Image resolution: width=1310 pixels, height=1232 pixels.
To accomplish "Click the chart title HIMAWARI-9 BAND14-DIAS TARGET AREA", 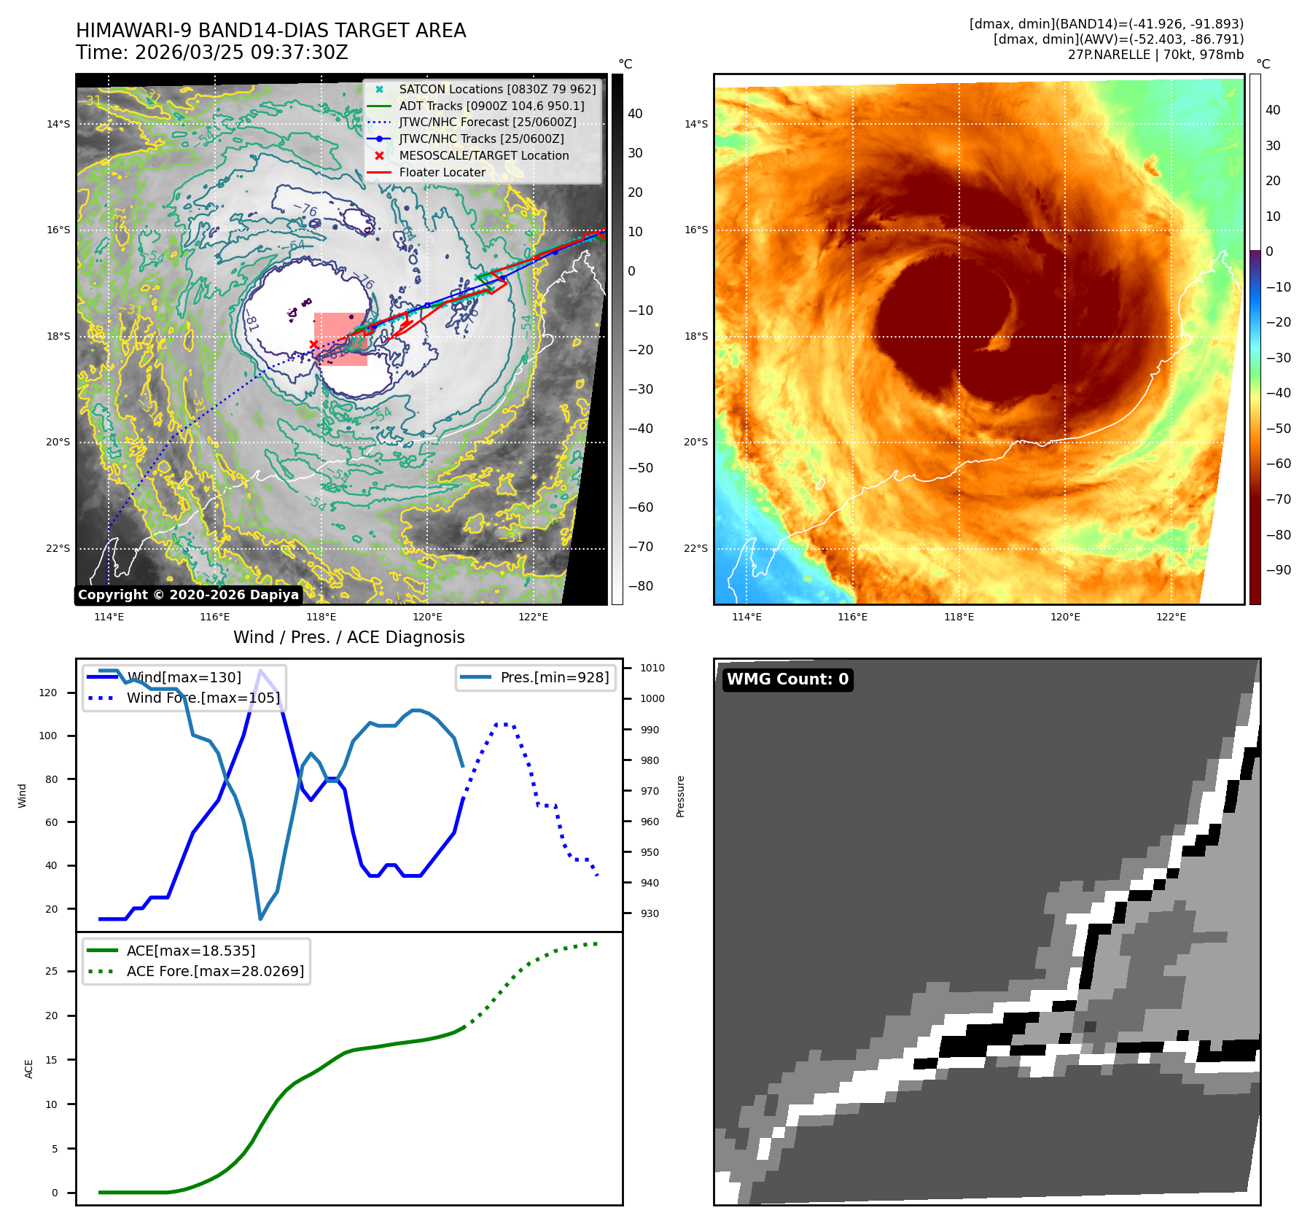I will click(270, 31).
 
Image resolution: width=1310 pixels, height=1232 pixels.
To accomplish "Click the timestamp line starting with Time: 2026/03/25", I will click(211, 52).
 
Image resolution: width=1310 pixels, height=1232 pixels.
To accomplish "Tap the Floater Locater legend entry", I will click(442, 172).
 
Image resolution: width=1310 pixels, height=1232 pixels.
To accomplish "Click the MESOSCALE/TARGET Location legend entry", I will click(483, 155).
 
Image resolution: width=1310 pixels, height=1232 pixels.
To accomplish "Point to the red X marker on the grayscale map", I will click(313, 344).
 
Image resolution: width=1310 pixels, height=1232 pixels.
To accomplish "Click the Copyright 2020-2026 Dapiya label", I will click(188, 595).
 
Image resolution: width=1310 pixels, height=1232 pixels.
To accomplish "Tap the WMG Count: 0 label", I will click(787, 679).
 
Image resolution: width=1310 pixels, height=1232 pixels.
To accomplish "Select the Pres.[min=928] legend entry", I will click(554, 677).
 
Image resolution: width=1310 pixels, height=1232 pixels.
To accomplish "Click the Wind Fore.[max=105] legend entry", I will click(203, 698).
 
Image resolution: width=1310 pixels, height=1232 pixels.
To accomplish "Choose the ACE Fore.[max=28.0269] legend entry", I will click(215, 971).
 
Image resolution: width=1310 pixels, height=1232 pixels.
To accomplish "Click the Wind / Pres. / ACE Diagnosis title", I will click(348, 637).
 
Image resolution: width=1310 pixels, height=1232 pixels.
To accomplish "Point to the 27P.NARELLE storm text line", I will click(1155, 55).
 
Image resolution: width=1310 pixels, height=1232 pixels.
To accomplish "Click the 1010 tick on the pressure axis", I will click(652, 668).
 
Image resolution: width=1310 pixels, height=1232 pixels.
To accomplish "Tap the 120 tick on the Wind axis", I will click(48, 693).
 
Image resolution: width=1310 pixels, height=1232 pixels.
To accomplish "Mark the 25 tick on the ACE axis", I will click(51, 971).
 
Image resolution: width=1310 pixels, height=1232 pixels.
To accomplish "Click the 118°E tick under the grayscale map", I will click(321, 617).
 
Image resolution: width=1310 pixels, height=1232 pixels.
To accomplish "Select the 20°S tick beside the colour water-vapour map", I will click(695, 442).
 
